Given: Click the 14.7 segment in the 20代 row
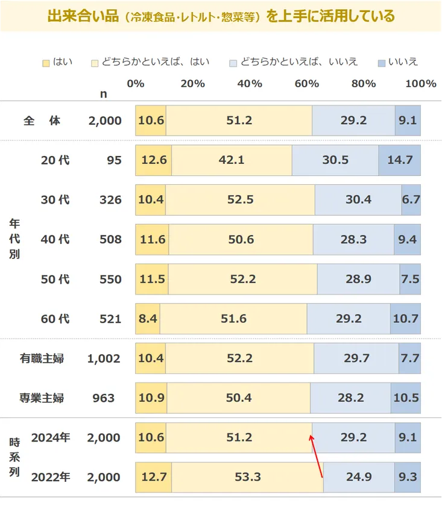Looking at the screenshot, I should (400, 160).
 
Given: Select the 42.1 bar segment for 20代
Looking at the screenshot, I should (232, 160).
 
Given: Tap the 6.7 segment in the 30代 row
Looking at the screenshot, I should (411, 200).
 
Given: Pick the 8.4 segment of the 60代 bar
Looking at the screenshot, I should (148, 319).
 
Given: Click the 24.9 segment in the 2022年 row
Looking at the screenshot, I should (359, 478).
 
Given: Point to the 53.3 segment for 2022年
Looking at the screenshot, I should (248, 478).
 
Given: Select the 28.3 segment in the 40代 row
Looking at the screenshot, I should (353, 240).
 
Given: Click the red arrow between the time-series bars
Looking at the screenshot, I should (317, 457).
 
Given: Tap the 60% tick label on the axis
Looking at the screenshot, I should (306, 84).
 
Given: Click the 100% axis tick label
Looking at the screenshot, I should (421, 84).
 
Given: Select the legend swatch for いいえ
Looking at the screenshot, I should (382, 62).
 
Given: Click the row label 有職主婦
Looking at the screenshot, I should (42, 358).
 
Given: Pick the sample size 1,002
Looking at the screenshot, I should (104, 358).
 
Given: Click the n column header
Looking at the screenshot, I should (104, 93).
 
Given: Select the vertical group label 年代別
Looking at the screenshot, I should (14, 239).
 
